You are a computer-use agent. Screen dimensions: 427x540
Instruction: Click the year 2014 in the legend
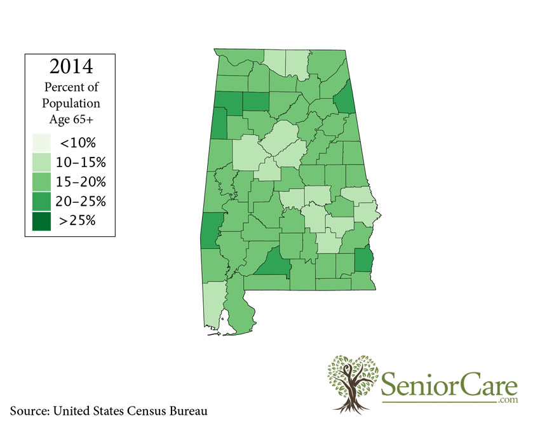tap(71, 67)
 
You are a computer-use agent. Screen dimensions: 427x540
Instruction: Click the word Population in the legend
tap(71, 103)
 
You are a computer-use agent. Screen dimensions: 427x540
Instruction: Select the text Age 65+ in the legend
tap(71, 119)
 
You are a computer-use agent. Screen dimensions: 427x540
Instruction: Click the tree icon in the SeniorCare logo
tap(353, 382)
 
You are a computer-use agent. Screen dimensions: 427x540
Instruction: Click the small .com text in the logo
tap(508, 401)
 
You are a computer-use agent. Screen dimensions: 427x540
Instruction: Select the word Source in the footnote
tap(29, 410)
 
